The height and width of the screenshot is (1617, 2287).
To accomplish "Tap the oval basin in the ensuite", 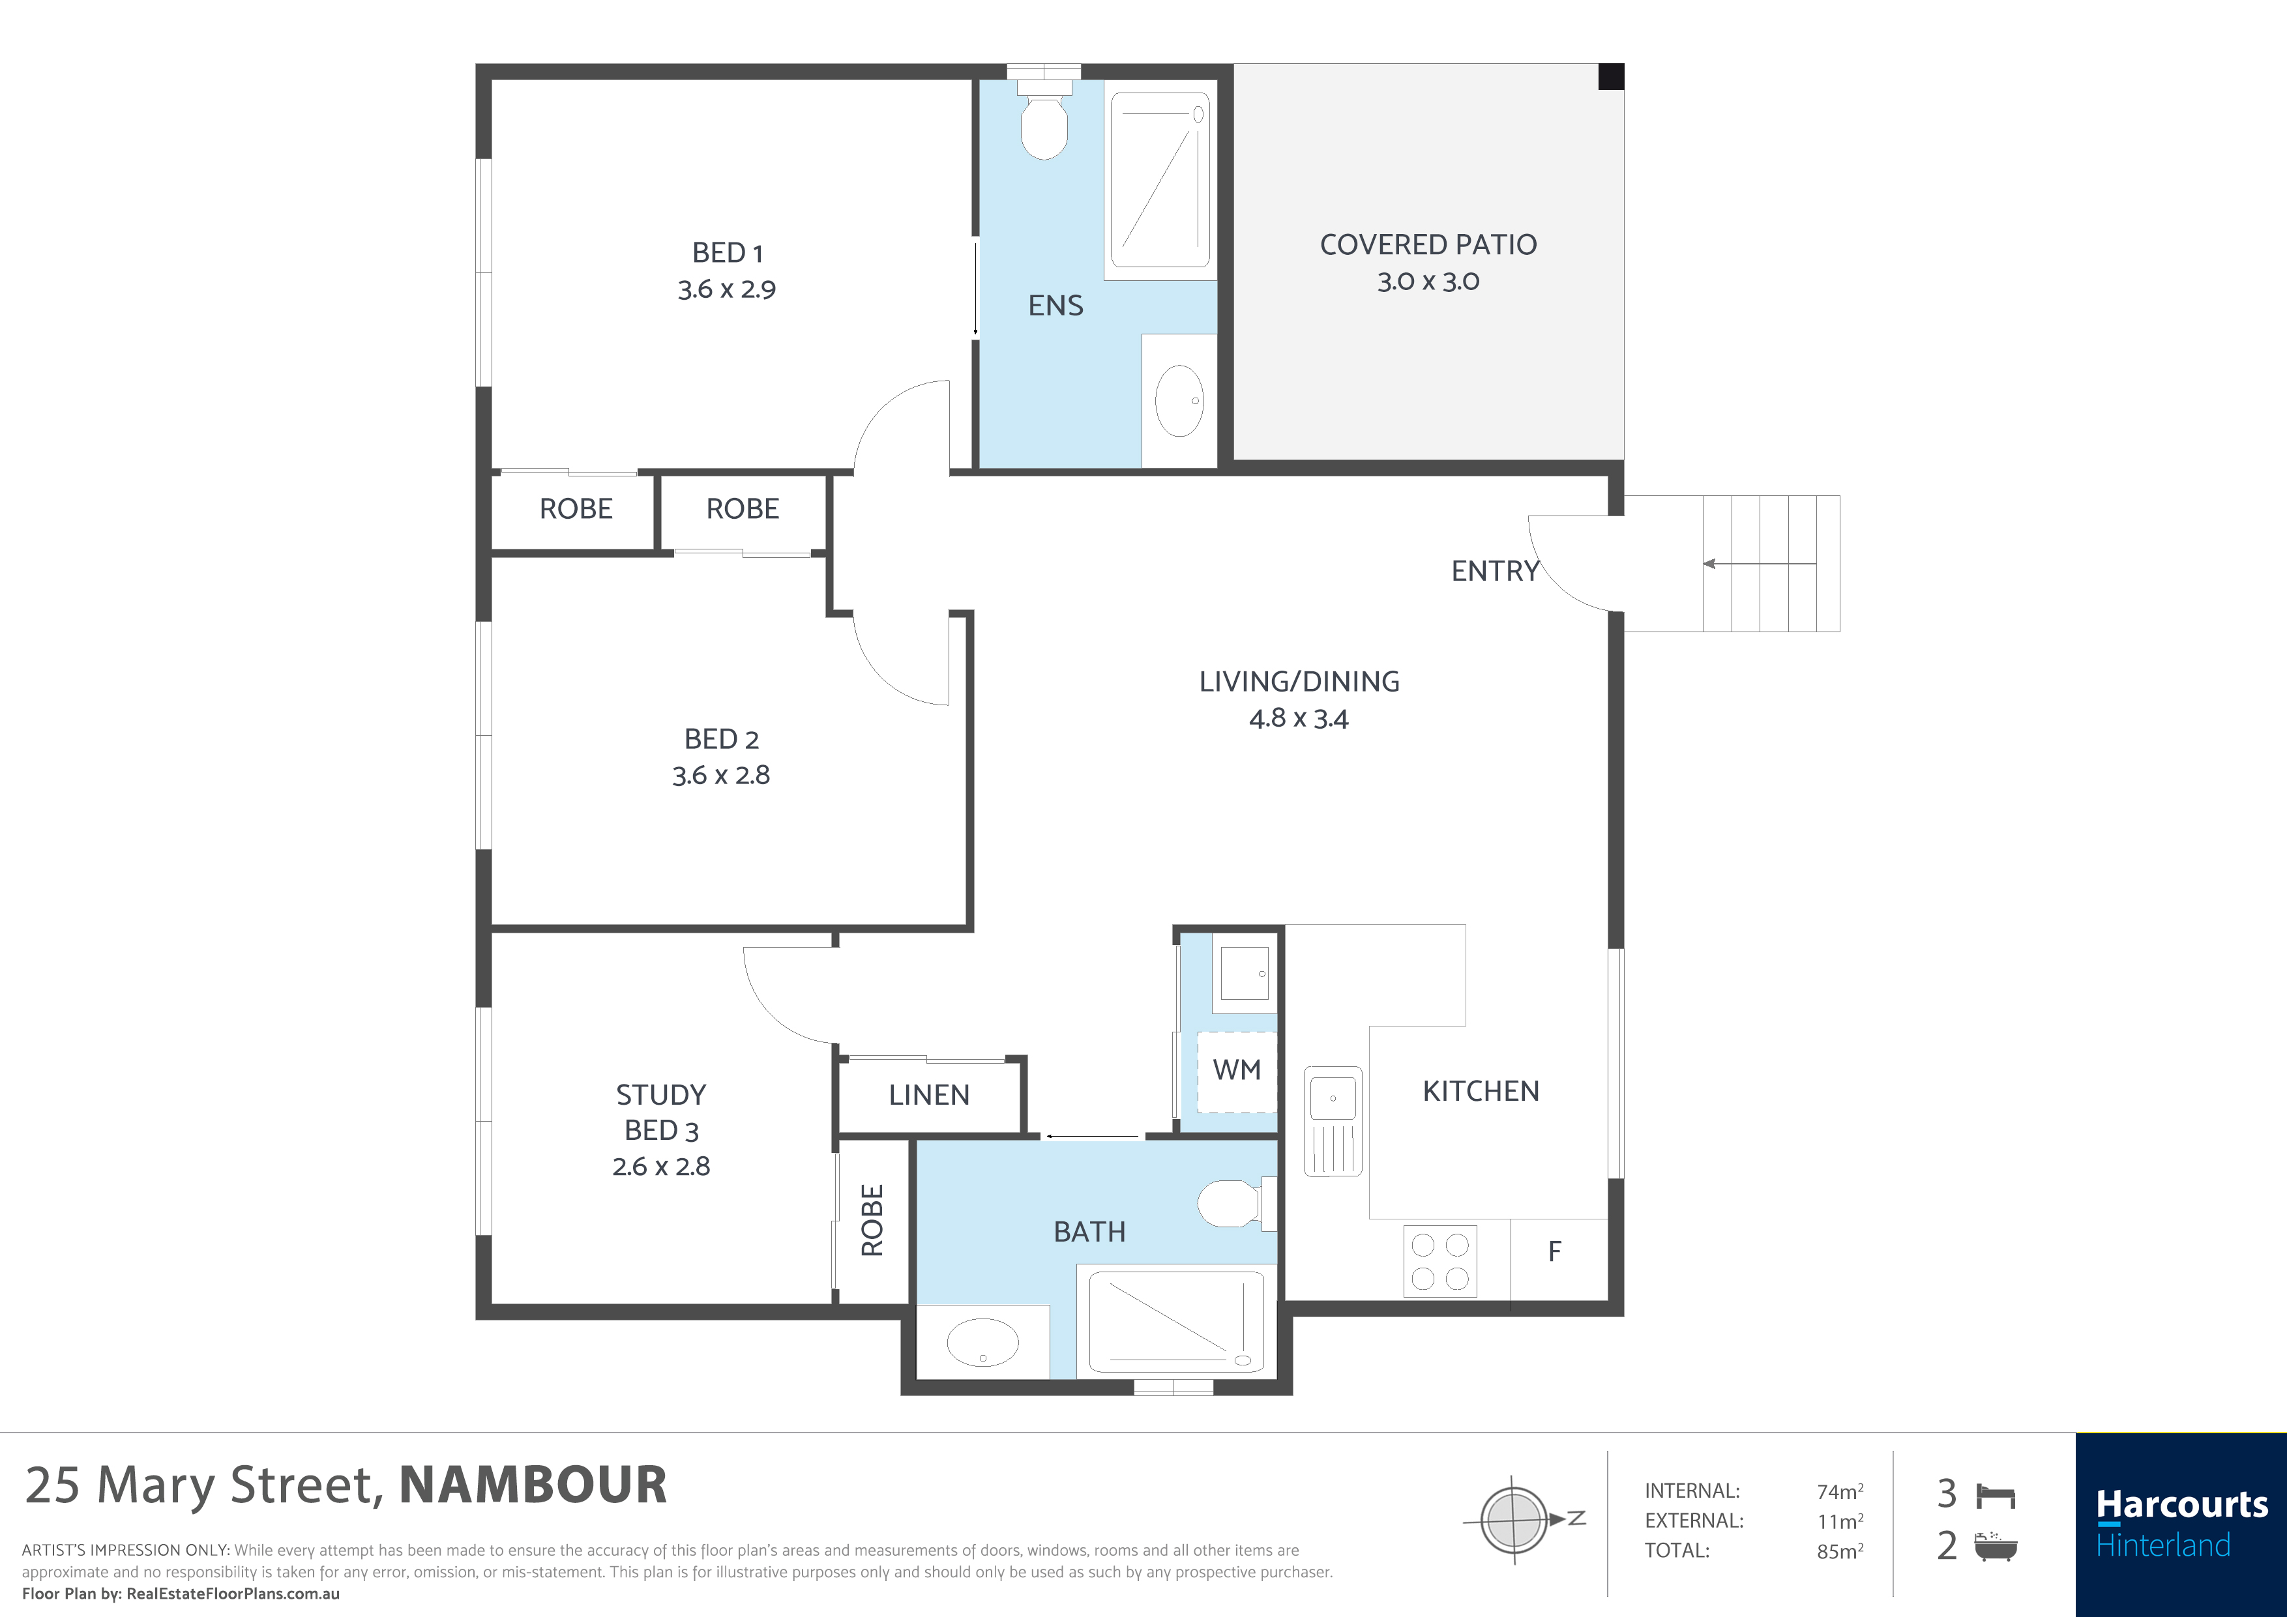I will click(1179, 401).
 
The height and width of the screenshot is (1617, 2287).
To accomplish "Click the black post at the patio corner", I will click(1611, 77).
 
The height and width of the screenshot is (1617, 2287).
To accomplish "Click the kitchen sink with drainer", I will click(1332, 1120).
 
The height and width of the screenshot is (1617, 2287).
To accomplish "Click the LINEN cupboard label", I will click(928, 1095).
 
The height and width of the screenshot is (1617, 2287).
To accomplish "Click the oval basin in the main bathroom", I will click(982, 1342).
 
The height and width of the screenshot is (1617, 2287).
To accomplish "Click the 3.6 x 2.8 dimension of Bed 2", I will click(720, 776).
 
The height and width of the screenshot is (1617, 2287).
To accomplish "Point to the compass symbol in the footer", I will click(1513, 1519).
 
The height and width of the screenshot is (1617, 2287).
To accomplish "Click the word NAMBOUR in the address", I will click(533, 1485).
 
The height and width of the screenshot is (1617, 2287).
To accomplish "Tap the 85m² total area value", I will click(1838, 1551).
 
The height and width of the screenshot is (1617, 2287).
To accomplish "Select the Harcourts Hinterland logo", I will click(2181, 1523).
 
